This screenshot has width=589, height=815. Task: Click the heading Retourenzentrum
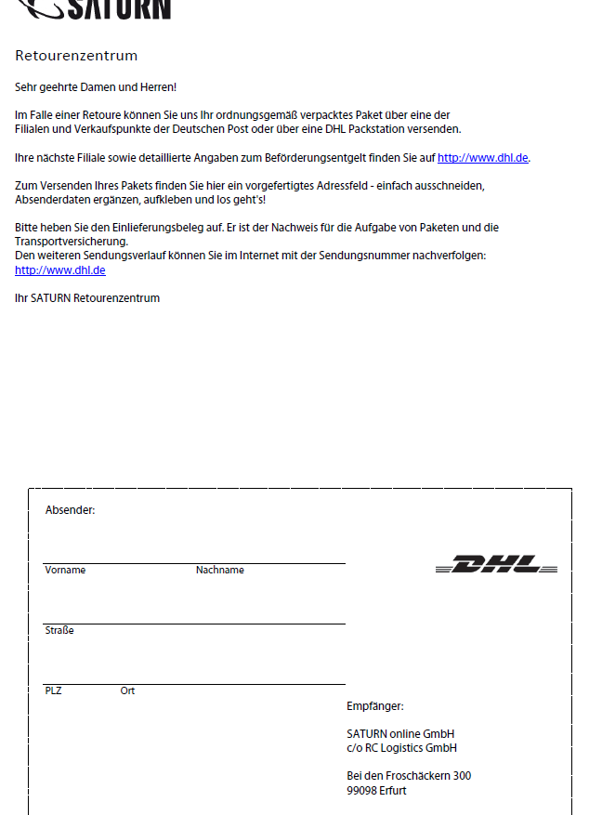(76, 56)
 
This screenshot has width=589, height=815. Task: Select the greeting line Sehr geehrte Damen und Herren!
(96, 87)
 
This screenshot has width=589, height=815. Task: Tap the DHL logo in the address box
(497, 564)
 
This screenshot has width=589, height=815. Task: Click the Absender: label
(70, 510)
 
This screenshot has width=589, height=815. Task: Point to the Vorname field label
(65, 571)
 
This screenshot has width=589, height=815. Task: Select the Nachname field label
(220, 571)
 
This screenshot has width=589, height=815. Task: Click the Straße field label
(59, 631)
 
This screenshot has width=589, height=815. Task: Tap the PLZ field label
(53, 691)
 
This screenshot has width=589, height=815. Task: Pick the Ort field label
(127, 691)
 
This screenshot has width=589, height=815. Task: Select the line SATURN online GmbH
(400, 734)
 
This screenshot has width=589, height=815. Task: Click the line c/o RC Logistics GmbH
(401, 748)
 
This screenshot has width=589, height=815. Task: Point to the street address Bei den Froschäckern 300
(409, 776)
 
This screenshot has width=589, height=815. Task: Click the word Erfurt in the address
(394, 791)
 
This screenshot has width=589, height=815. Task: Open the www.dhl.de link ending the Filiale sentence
(483, 158)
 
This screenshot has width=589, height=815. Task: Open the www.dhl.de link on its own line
(60, 270)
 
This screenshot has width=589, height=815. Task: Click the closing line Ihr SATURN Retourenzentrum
(87, 298)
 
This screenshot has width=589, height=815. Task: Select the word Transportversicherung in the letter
(72, 241)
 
